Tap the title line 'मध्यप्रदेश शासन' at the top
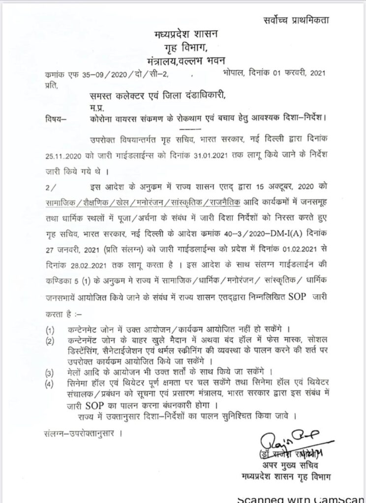(183, 35)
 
